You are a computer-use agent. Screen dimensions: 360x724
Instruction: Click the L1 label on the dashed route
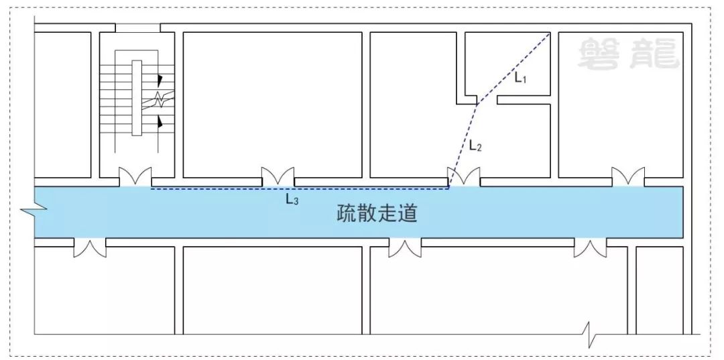coord(521,78)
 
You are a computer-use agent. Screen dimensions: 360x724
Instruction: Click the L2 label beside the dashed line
coord(475,145)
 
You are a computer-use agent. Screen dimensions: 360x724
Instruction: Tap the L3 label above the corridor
coord(292,199)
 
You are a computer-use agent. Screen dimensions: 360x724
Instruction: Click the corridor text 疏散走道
coord(377,214)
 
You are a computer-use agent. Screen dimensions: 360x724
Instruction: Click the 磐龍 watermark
coord(628,53)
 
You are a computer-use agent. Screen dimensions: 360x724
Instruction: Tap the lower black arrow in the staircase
coord(160,122)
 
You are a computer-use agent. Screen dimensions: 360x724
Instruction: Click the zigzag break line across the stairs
coord(159,99)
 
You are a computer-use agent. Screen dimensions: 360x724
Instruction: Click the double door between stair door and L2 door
coord(278,177)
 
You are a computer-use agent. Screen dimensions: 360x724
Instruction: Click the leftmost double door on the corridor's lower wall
coord(90,247)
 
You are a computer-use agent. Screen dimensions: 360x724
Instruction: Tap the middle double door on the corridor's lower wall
coord(405,247)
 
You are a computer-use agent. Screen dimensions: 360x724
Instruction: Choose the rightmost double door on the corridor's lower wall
coord(591,247)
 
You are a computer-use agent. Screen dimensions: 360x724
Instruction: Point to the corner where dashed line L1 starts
coord(550,33)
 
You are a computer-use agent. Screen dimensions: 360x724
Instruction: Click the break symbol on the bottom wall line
coord(590,333)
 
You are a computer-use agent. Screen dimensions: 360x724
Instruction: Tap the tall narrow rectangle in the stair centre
coord(137,98)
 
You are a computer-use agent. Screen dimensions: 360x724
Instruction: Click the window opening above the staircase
coord(137,27)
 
